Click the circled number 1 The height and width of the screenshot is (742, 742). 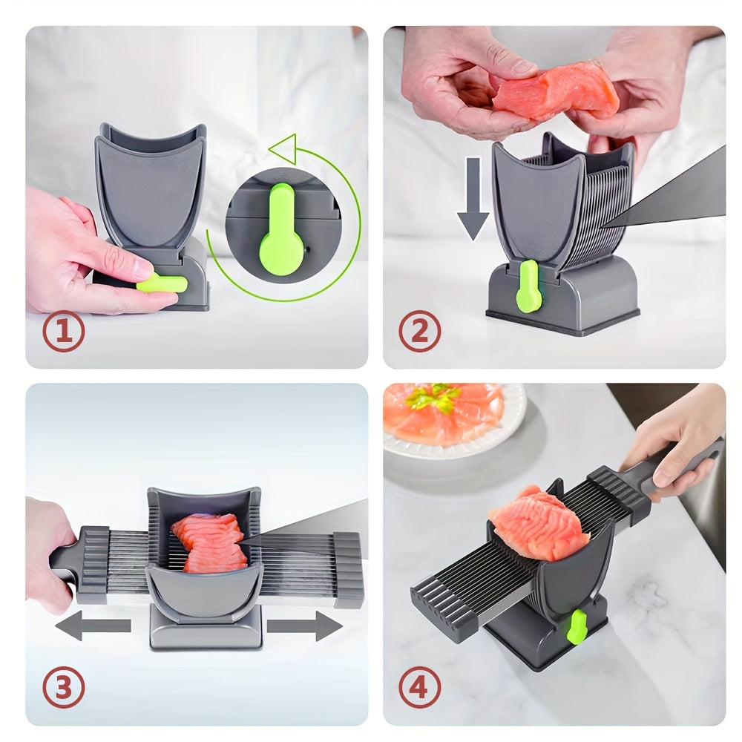63,332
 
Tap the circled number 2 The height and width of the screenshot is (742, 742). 420,332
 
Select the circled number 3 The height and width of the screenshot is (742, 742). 63,688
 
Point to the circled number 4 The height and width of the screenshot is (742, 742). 420,688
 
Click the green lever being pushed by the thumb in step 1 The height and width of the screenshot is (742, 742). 162,283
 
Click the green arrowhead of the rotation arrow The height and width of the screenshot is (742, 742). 283,148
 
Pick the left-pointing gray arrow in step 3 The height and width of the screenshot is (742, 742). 93,626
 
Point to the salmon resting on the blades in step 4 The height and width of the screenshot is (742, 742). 531,523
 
